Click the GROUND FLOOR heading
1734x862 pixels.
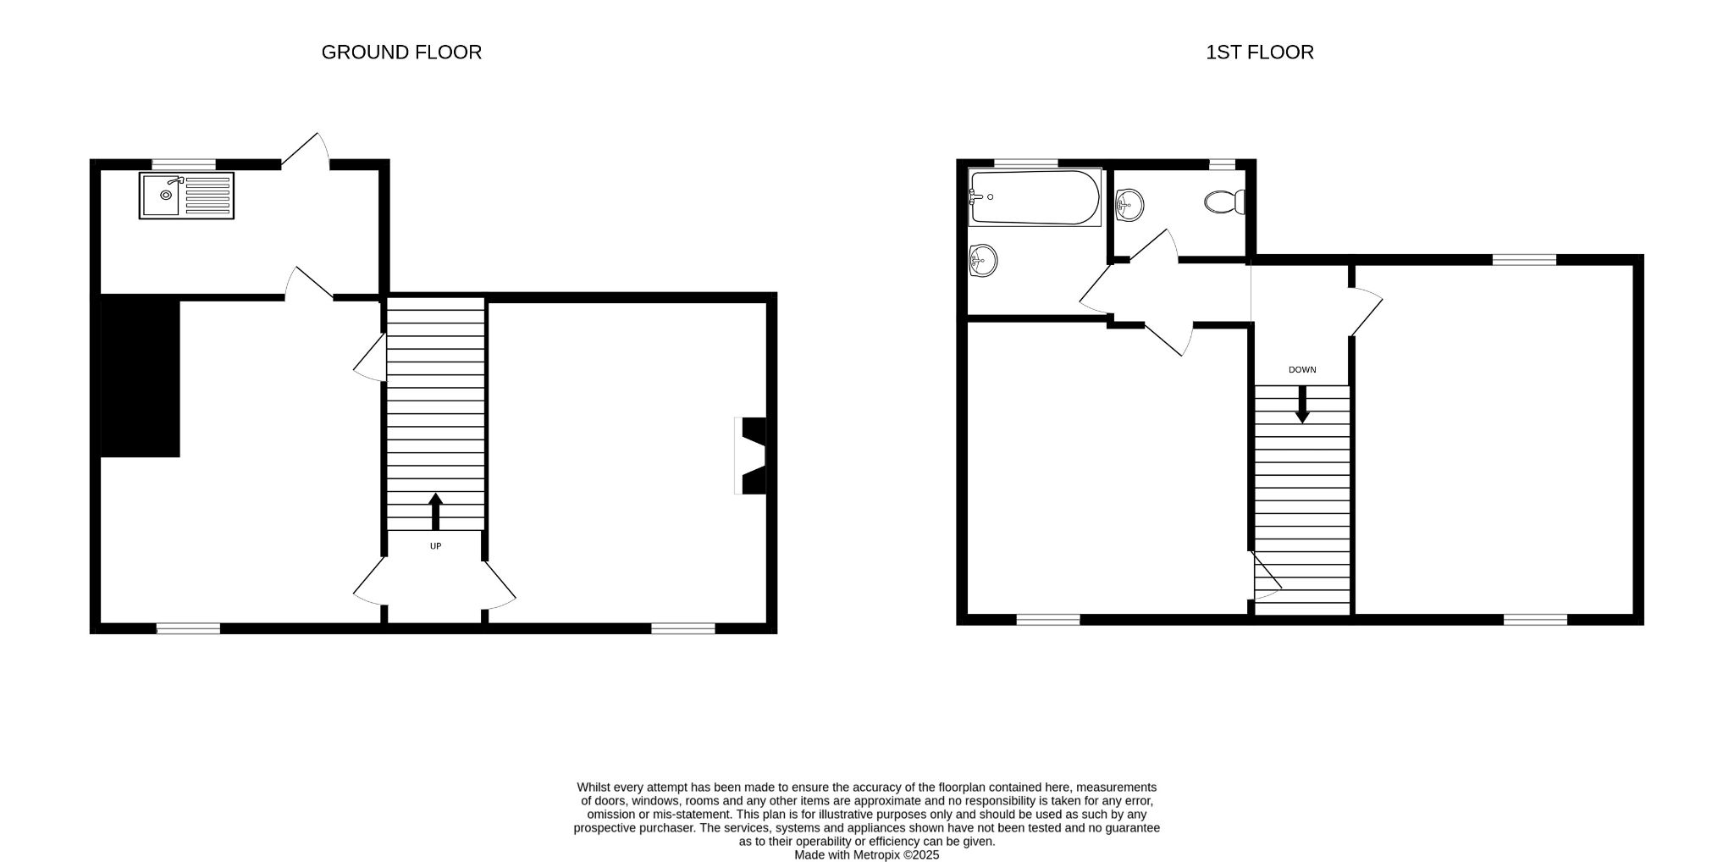401,52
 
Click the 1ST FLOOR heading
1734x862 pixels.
1260,52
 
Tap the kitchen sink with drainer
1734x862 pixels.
186,196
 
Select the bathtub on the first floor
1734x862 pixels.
1035,197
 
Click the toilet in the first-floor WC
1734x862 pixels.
1224,202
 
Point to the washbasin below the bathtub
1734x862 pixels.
983,260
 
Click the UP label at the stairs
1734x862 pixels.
435,546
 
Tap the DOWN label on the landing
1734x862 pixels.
1302,370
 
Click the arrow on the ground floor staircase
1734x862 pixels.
436,511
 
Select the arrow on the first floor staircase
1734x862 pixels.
1302,405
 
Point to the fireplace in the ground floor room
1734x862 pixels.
750,456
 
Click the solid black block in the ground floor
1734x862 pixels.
141,378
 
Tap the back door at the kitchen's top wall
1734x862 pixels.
306,150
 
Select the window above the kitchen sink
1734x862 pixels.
185,164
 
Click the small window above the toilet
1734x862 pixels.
1222,164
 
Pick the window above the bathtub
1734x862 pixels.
1026,163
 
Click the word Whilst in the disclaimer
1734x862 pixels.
594,787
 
